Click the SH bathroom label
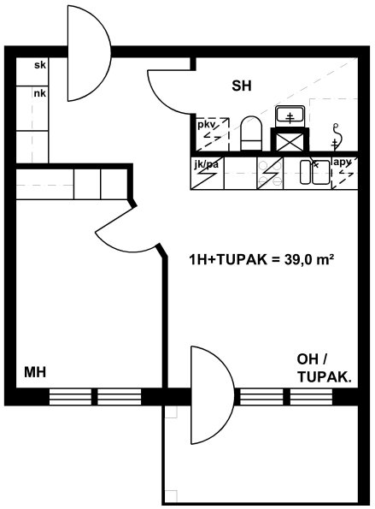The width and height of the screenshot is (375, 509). coord(242,86)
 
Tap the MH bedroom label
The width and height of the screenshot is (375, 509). coord(35,372)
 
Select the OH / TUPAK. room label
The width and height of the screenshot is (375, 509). coord(324,369)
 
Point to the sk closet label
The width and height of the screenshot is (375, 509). coord(40,65)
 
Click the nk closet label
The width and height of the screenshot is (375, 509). coord(40,94)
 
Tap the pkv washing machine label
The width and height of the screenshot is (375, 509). coord(206,125)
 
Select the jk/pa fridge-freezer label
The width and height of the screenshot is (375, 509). coord(206,164)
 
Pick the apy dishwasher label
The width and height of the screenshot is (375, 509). coord(343,163)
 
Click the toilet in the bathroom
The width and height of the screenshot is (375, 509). coord(251,133)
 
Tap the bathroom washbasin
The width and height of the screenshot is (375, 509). coord(290,116)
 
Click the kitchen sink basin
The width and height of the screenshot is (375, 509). coord(307,172)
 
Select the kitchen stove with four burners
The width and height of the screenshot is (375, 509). coord(270,173)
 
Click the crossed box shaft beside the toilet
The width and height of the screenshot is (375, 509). coord(290,139)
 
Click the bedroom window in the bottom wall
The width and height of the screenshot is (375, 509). coord(95,397)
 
